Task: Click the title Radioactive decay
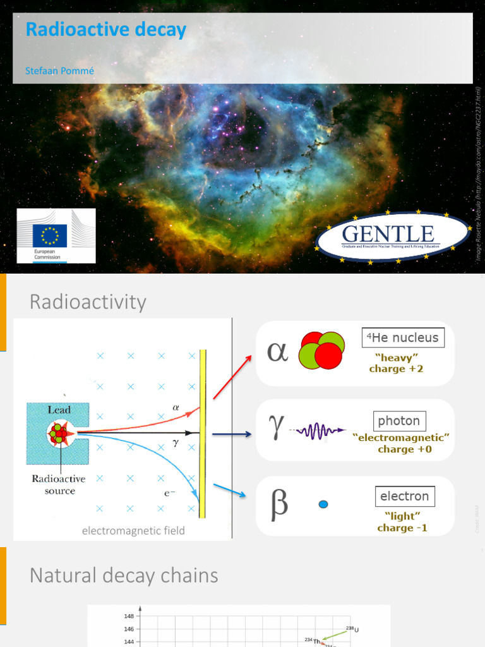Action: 105,29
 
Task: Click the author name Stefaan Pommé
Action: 59,71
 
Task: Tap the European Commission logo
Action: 56,236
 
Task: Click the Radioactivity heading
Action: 88,302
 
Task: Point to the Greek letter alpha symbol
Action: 277,351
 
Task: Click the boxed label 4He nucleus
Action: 403,337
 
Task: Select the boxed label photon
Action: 400,421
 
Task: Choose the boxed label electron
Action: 404,496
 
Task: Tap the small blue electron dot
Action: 323,504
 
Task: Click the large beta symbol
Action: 279,504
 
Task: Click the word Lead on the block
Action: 59,410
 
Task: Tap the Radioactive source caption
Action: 60,485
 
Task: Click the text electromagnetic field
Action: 133,531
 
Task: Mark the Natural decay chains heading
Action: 124,576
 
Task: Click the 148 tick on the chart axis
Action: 129,616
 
